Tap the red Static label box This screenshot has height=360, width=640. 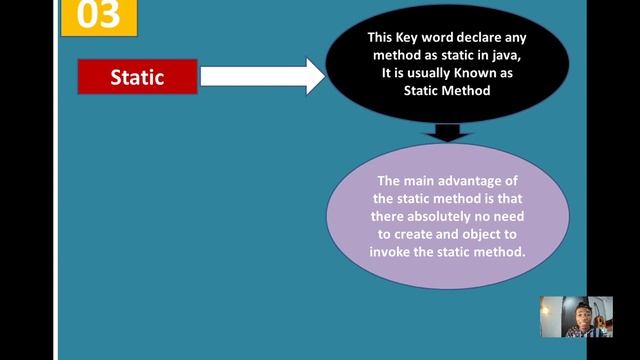coord(137,77)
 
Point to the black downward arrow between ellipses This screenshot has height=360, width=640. coord(447,132)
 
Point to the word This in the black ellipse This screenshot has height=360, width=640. coord(381,38)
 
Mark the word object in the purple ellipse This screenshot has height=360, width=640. coord(485,234)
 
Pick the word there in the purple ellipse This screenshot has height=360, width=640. coord(388,216)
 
